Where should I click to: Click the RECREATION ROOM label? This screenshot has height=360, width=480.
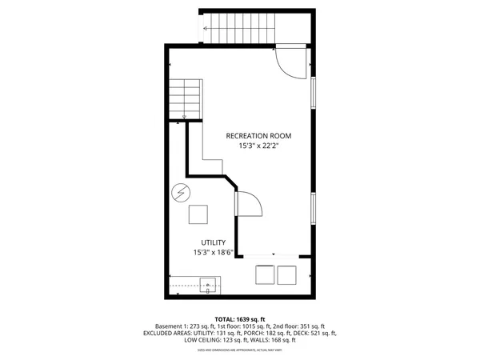point(258,136)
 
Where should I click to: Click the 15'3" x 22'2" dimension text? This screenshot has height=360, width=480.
point(258,146)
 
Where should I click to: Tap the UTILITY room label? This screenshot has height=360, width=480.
point(213,242)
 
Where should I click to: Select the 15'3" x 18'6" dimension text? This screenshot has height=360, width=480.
point(213,253)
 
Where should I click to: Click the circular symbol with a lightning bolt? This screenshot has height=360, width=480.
point(182,193)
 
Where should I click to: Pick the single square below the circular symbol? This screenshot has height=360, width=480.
point(198,214)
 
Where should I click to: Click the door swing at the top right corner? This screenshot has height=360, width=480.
point(288,62)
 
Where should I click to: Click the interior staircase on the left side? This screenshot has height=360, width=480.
point(185,99)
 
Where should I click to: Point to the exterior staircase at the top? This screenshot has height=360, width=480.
point(240,30)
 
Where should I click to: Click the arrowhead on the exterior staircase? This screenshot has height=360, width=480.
point(206,30)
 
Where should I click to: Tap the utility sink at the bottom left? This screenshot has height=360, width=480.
point(209,283)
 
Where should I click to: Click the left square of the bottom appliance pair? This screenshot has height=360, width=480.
point(263,274)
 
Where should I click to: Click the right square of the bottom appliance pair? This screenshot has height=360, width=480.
point(287,274)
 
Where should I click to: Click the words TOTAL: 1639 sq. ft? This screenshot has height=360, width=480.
point(240,318)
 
